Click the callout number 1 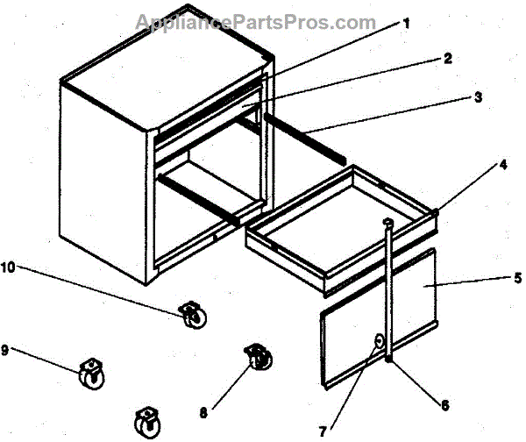(x=406, y=24)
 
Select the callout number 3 (x=478, y=97)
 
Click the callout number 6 (x=444, y=405)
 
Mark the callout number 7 (x=323, y=431)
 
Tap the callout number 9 (x=7, y=350)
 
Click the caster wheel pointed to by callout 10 (x=190, y=314)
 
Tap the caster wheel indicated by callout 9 (x=90, y=375)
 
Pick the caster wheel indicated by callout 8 (x=258, y=359)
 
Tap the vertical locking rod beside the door (x=387, y=289)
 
